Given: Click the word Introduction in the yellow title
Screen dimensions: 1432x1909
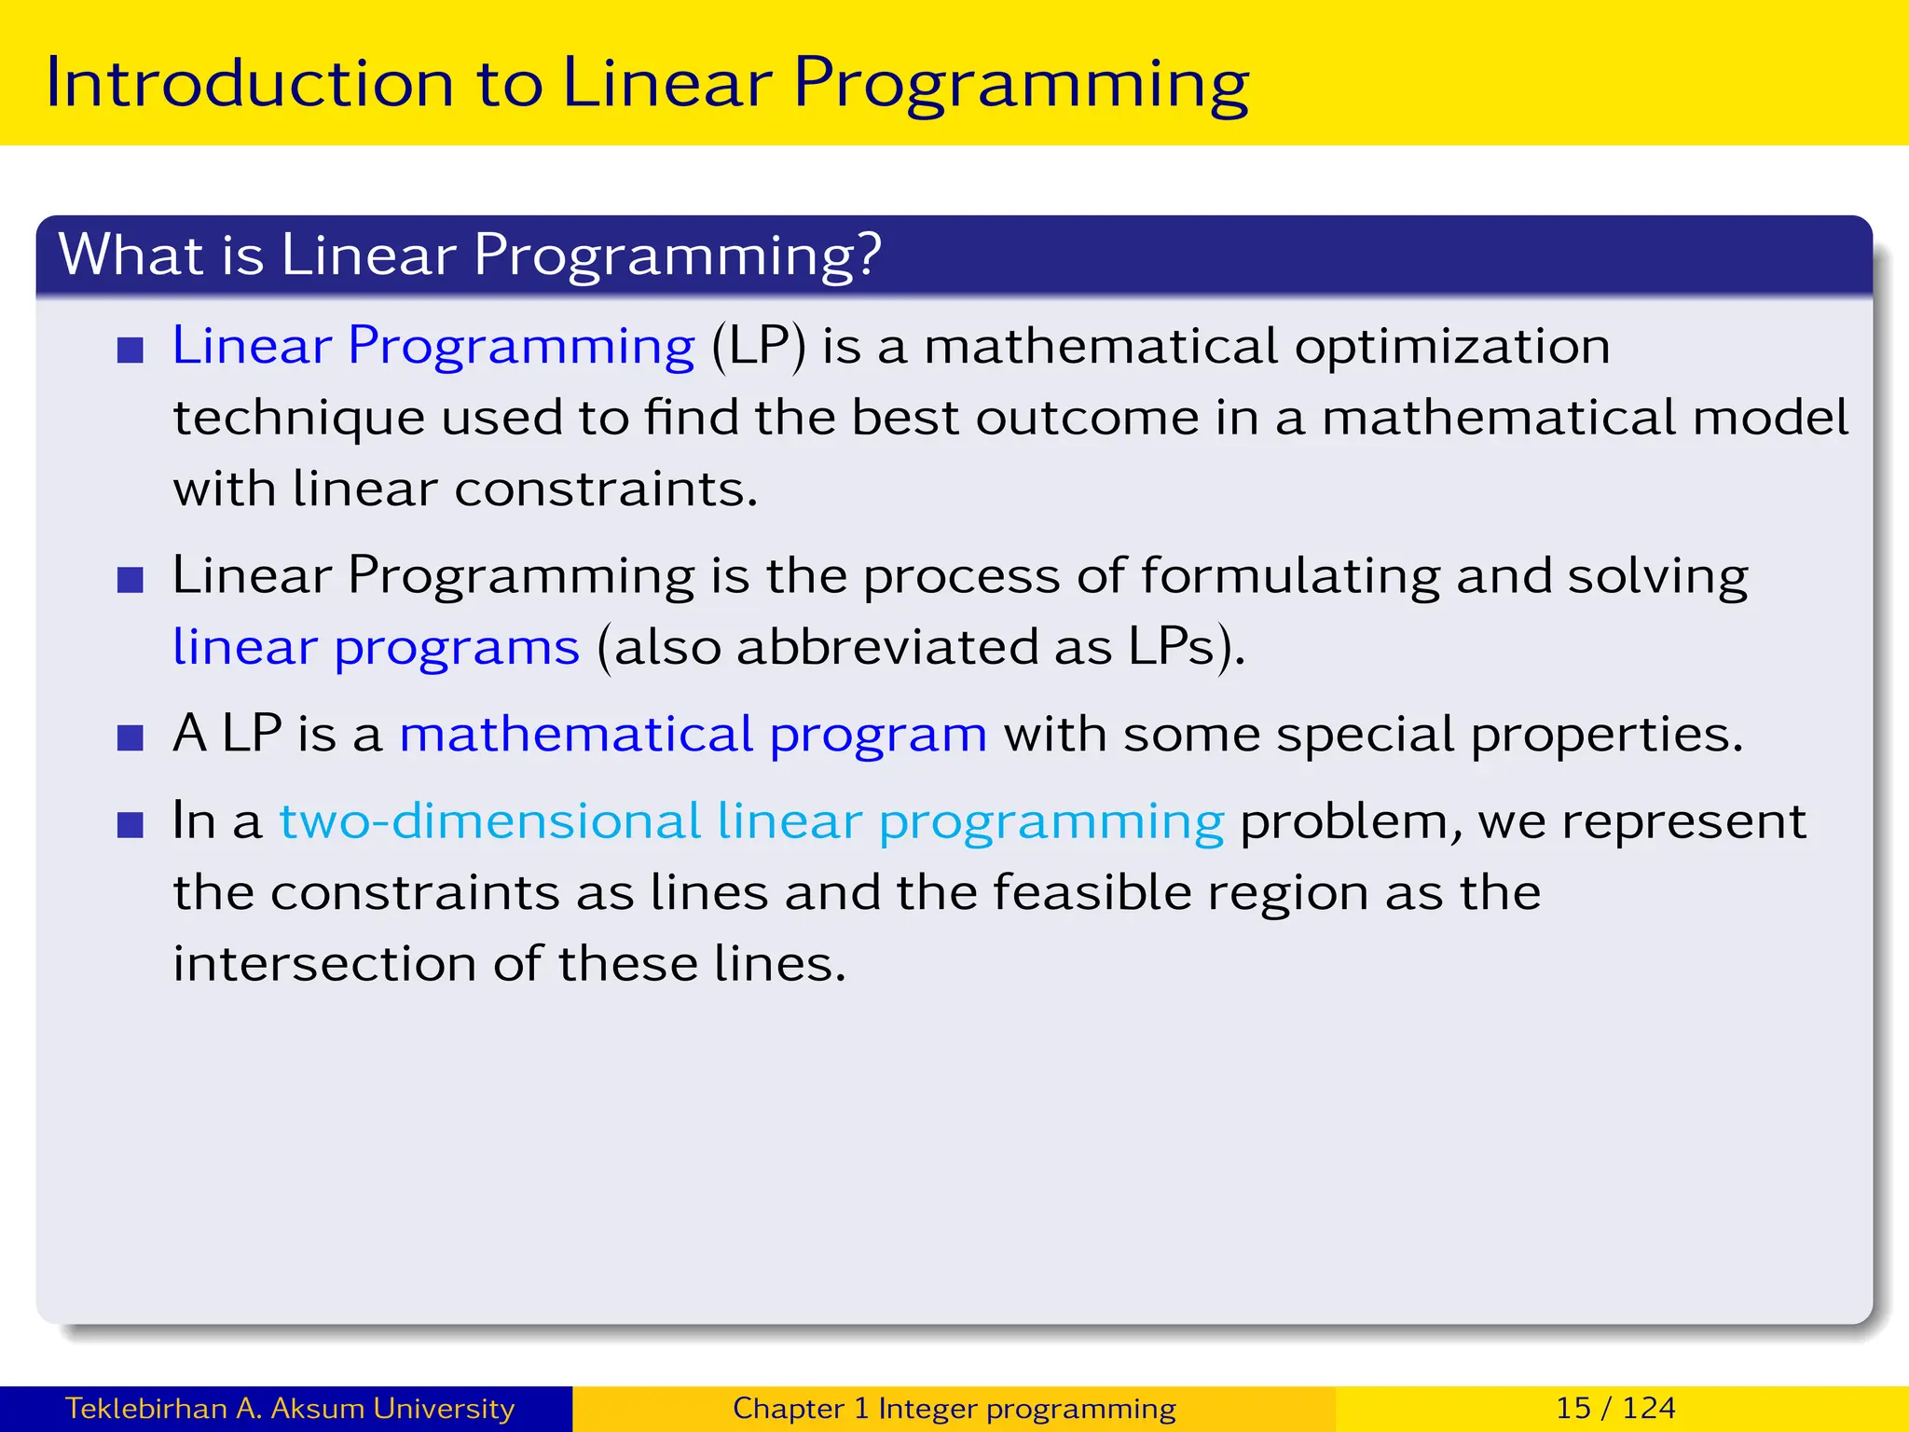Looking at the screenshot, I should [x=249, y=84].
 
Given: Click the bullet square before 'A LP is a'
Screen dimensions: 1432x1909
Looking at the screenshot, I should [x=130, y=738].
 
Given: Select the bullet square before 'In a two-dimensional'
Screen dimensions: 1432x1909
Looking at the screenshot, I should [x=130, y=825].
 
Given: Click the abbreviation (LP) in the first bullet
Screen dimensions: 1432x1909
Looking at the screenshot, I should [x=758, y=347].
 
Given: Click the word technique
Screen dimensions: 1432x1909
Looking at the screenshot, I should [x=298, y=419].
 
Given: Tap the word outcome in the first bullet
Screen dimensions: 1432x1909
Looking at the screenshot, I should [x=1087, y=418].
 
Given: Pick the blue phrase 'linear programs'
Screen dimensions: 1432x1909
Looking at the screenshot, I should [x=376, y=648].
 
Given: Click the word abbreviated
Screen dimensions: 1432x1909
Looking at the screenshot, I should [x=886, y=647].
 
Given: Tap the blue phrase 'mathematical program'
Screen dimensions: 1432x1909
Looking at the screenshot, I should [x=693, y=735].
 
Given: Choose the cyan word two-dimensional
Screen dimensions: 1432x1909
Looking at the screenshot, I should [x=490, y=822].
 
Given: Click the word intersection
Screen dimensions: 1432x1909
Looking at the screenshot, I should [x=324, y=964].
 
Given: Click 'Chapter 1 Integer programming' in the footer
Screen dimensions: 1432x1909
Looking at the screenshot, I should [x=954, y=1408].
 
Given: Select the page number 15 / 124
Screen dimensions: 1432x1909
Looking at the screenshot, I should [x=1615, y=1408].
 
